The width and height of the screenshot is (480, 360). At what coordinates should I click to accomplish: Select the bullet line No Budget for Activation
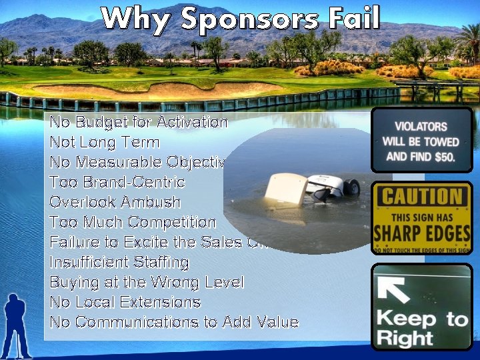tap(139, 122)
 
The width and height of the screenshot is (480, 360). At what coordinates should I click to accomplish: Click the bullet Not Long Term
tap(105, 142)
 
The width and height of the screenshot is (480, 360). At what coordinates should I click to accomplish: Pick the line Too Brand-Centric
tap(117, 182)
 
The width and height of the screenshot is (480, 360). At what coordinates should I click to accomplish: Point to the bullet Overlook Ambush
tap(115, 202)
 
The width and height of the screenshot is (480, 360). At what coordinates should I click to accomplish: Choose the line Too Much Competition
tap(133, 222)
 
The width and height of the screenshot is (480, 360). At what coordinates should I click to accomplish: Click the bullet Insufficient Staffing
tap(119, 262)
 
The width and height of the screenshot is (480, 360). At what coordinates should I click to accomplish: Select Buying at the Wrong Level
tap(147, 282)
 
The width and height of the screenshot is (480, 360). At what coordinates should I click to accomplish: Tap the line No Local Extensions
tap(125, 302)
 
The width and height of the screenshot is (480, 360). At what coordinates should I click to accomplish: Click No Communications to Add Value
tap(174, 322)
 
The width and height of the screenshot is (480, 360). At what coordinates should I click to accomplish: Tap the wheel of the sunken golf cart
tap(352, 188)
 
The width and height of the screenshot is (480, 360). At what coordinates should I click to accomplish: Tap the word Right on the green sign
tap(405, 337)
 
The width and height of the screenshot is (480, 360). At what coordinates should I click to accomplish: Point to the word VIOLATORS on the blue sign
tap(421, 126)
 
